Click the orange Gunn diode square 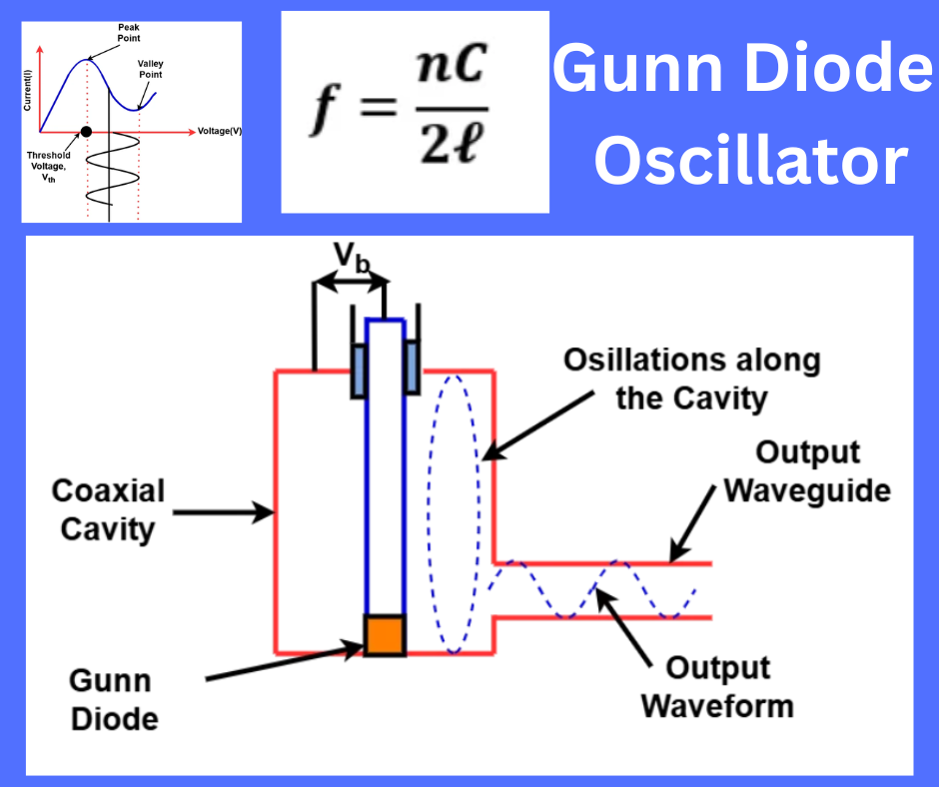click(x=384, y=634)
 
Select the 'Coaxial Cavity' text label click(x=108, y=509)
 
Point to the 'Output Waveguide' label click(x=807, y=471)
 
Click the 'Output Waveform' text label click(x=716, y=687)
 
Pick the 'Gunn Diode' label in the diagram click(x=113, y=699)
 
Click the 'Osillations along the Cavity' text click(x=691, y=380)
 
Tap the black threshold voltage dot click(x=86, y=131)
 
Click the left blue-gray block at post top click(x=358, y=370)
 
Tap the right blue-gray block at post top click(x=411, y=370)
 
